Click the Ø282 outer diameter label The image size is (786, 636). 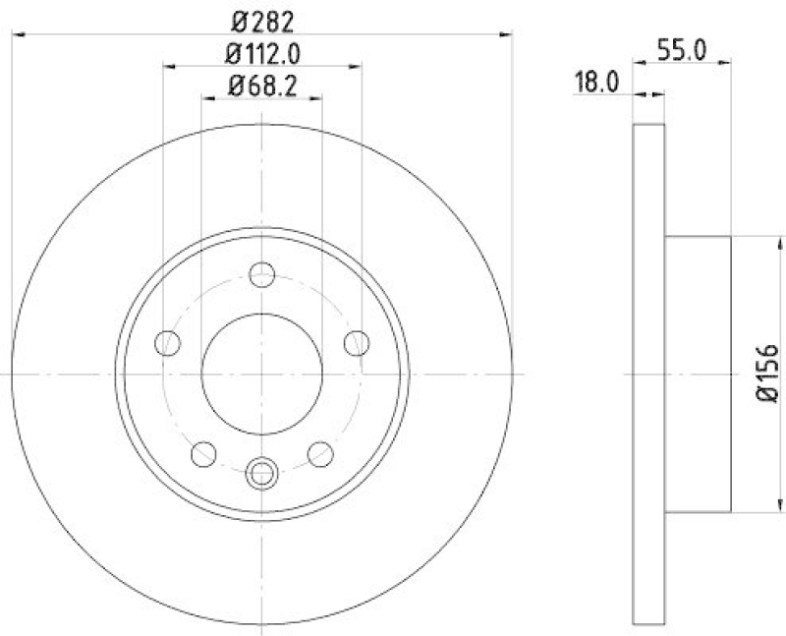coord(261,19)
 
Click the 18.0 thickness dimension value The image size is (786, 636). coord(595,84)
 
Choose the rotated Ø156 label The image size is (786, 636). coord(767,374)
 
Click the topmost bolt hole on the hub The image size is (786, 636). coord(261,275)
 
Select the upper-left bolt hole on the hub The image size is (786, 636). coord(169,343)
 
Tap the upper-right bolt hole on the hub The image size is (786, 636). coord(355,343)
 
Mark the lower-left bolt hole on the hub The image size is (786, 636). coord(203,453)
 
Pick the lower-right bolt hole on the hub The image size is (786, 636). coord(319,453)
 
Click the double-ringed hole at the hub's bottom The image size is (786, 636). coord(261,474)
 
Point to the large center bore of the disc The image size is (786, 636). coord(261,374)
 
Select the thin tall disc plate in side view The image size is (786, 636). coord(648,374)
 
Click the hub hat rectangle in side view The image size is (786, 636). coord(698,374)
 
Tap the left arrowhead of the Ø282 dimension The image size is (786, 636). coord(17,35)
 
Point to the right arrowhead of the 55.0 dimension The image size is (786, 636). coord(726,62)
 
